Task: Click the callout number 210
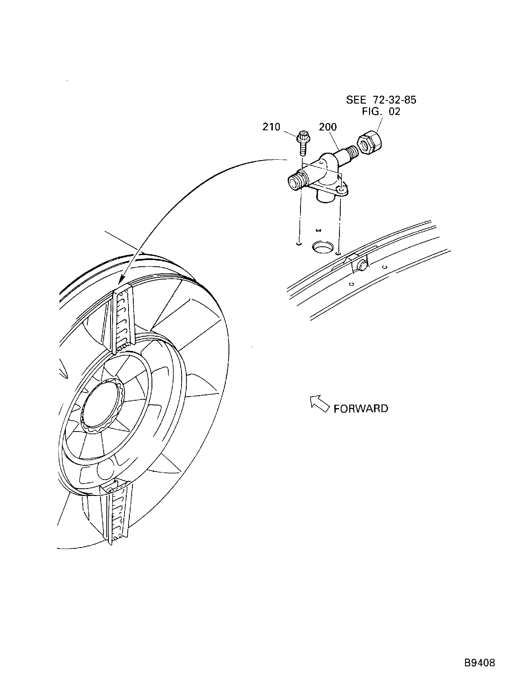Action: (271, 127)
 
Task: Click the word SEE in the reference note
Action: (356, 100)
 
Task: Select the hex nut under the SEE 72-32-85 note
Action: (369, 142)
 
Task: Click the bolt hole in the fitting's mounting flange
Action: (342, 189)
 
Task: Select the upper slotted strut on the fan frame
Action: (123, 319)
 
